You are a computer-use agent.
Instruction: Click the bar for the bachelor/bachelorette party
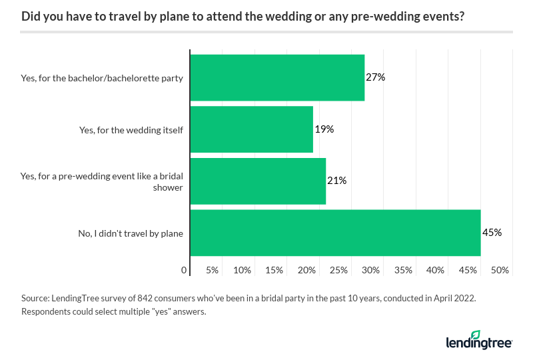point(277,77)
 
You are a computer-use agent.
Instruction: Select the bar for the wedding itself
point(252,129)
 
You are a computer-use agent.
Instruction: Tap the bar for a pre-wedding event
point(258,181)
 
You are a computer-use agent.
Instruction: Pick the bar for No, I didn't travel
point(335,233)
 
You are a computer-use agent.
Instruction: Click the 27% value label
point(376,77)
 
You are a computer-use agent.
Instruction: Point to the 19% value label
point(324,129)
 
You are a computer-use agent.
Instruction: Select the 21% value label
point(336,181)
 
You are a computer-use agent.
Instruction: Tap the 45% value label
point(492,233)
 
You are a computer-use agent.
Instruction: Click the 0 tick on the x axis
point(184,270)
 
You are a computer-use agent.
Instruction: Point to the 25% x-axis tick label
point(338,270)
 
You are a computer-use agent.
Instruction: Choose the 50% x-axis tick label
point(500,270)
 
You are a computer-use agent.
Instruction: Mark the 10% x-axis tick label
point(242,270)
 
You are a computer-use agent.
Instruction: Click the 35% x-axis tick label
point(403,270)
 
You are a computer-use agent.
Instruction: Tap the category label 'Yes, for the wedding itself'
point(131,129)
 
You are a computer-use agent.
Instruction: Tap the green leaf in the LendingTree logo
point(476,334)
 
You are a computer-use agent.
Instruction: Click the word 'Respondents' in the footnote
point(47,312)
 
